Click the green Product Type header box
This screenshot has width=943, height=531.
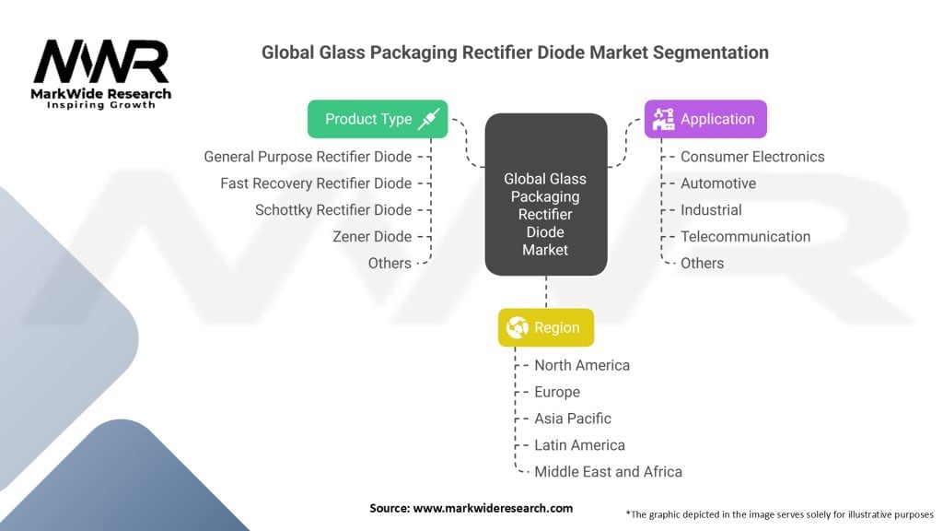tap(378, 119)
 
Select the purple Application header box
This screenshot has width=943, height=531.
tap(704, 119)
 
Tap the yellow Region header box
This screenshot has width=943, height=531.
tap(546, 328)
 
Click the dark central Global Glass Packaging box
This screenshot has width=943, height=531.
tap(546, 195)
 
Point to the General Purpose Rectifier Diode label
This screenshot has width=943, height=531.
tap(308, 157)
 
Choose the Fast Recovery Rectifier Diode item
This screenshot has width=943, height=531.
tap(316, 183)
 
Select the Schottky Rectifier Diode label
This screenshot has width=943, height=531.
tap(333, 210)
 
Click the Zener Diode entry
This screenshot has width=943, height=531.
tap(372, 237)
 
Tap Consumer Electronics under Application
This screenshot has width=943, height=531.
tap(752, 157)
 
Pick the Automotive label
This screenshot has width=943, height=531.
tap(718, 183)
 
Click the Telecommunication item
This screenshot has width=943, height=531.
tap(745, 237)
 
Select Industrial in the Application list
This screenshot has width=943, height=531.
tap(711, 210)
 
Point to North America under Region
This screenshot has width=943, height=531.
tap(582, 365)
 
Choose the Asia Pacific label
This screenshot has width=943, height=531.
tap(573, 419)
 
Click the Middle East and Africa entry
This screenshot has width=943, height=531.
tap(608, 472)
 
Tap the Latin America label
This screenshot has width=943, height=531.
tap(579, 445)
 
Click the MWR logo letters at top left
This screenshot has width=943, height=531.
tap(101, 62)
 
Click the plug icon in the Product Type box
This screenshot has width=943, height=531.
tap(429, 119)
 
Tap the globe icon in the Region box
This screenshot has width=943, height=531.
tap(518, 328)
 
